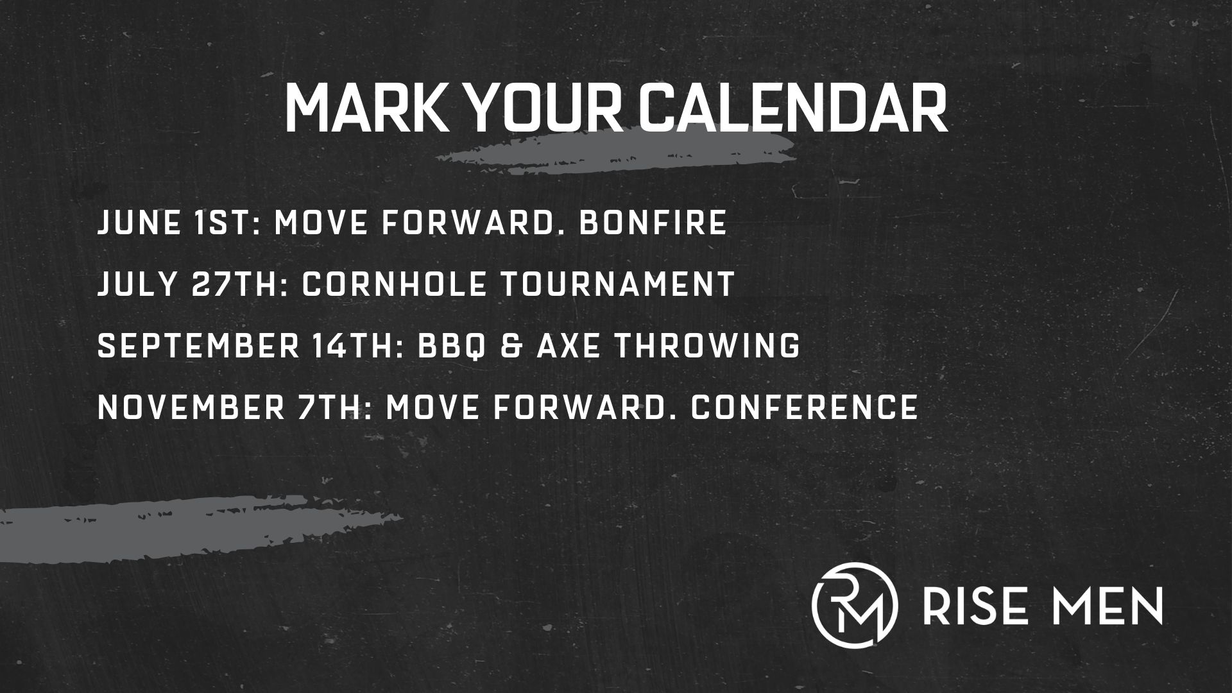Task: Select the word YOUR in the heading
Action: point(545,107)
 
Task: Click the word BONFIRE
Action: point(653,223)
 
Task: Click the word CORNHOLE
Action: point(394,284)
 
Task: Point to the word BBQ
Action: point(450,346)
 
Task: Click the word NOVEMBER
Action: point(191,407)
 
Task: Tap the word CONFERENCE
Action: point(804,407)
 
